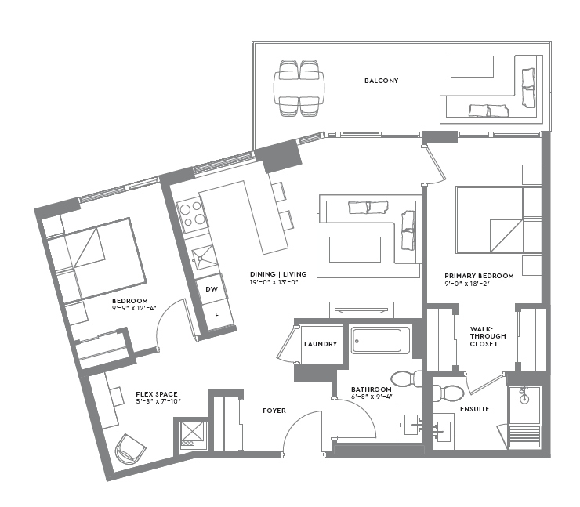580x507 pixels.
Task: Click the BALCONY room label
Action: (x=381, y=81)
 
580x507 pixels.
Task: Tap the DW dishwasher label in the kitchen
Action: (x=210, y=288)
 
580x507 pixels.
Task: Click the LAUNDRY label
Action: (x=320, y=344)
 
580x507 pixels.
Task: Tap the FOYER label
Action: (x=274, y=410)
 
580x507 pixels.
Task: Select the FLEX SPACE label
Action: (x=156, y=393)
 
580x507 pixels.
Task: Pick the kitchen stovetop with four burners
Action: (x=192, y=216)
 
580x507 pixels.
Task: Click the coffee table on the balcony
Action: (x=472, y=67)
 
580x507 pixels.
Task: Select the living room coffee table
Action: (x=355, y=249)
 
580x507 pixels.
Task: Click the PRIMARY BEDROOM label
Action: (x=479, y=276)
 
